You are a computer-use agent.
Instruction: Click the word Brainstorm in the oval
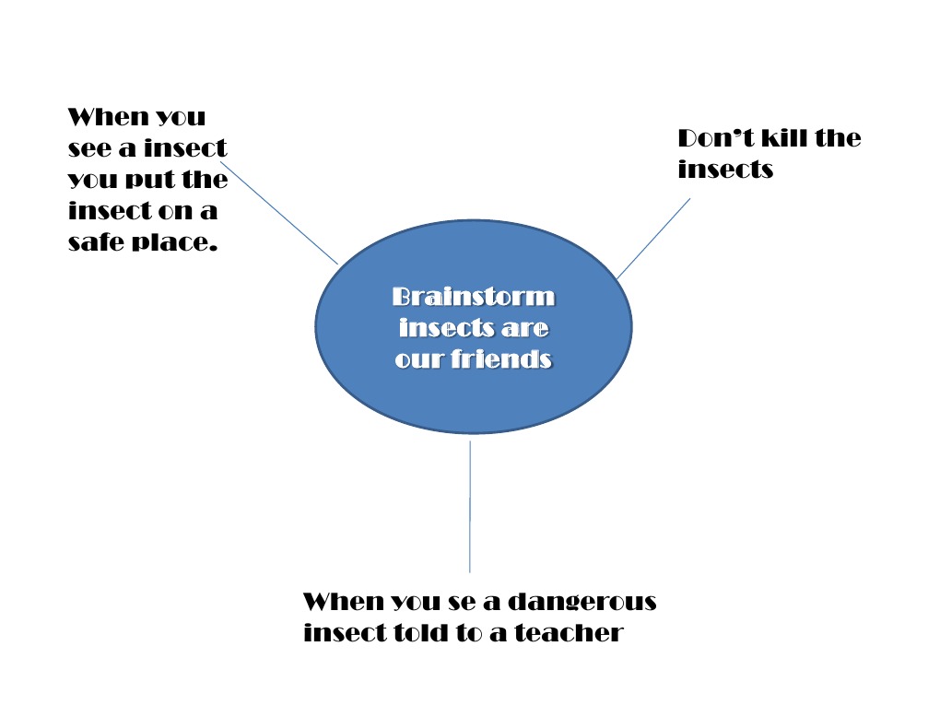coord(473,297)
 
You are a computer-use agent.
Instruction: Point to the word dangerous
coord(582,602)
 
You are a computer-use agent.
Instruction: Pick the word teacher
coord(569,633)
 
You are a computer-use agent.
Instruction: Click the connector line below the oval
coord(470,507)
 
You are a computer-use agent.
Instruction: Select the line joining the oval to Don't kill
coord(653,238)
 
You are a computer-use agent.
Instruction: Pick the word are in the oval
coord(526,328)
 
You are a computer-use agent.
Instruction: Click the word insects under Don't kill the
coord(725,170)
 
